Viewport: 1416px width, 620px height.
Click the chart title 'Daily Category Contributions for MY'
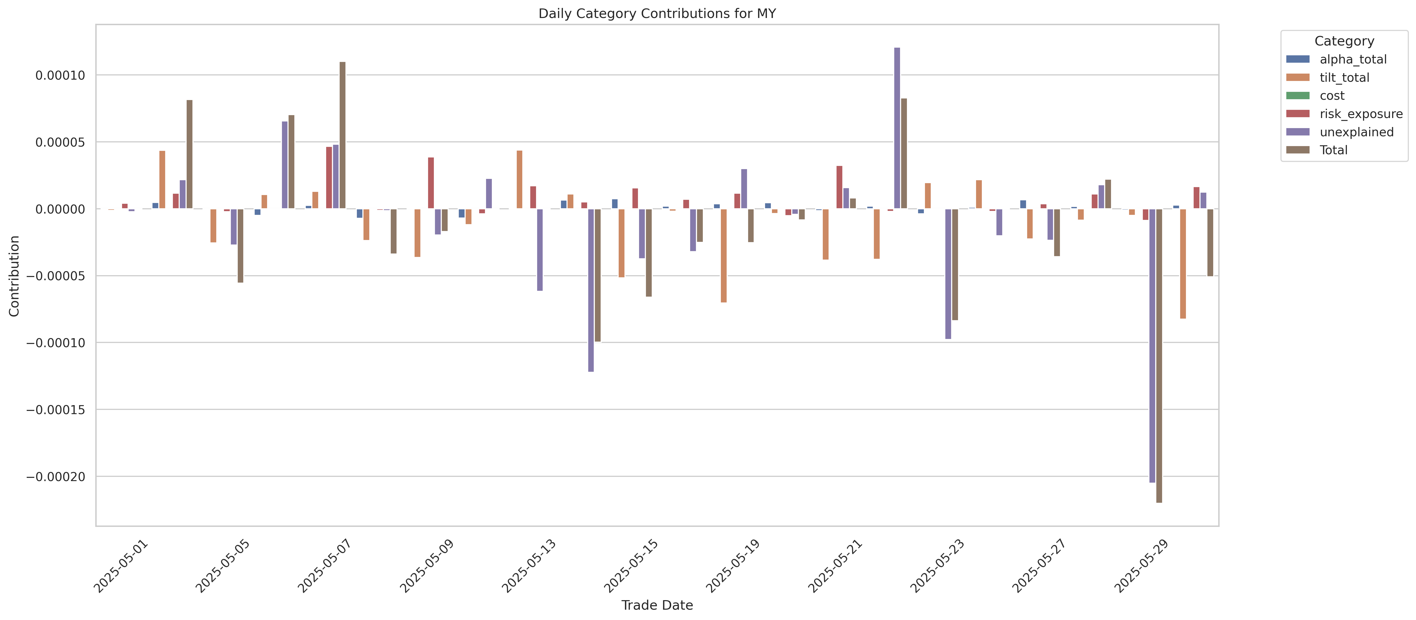[x=657, y=14]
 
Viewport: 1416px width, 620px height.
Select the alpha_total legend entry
[x=1353, y=59]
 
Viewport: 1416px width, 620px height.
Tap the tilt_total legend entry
[x=1344, y=78]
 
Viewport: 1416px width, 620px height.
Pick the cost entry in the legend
[x=1332, y=96]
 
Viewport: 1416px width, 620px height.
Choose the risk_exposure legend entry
[x=1360, y=114]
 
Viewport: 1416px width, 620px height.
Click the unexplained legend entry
[x=1356, y=132]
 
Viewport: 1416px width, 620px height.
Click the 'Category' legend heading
[x=1344, y=41]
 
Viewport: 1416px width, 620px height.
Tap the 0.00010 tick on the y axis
[x=60, y=75]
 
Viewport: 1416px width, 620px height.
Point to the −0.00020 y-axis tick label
[x=56, y=477]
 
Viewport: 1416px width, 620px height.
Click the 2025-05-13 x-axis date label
[x=529, y=566]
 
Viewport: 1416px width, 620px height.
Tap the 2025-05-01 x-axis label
[x=121, y=566]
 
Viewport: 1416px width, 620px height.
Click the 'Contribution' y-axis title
[x=14, y=276]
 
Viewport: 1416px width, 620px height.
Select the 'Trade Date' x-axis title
[x=657, y=605]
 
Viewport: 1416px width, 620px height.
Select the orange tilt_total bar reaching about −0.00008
[x=1183, y=264]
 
